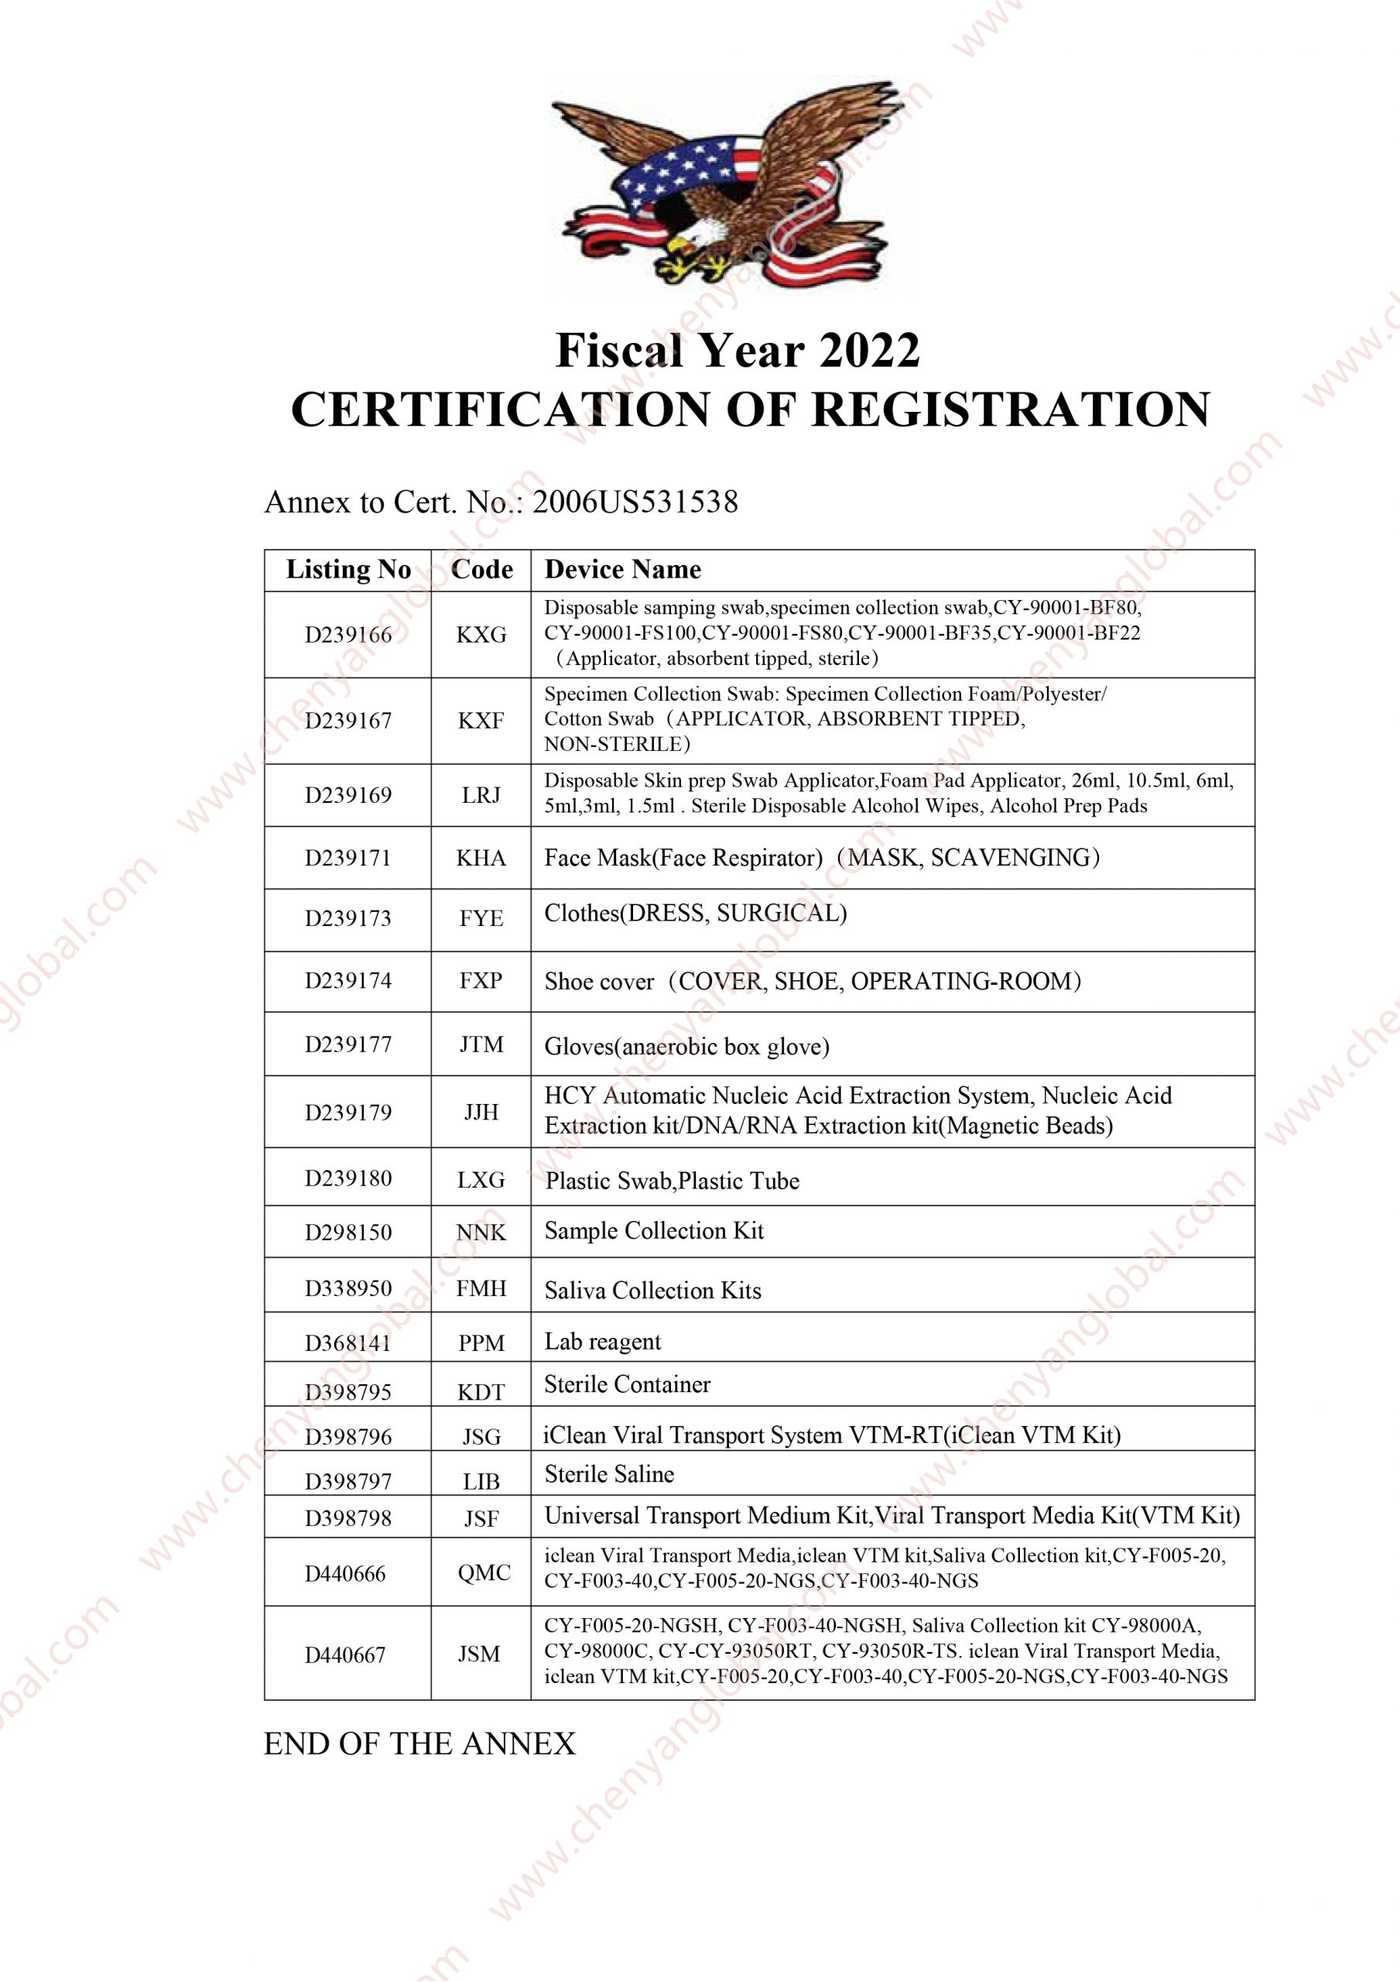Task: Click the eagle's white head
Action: pos(698,231)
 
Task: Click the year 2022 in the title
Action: pos(869,351)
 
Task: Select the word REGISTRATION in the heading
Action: pos(1011,410)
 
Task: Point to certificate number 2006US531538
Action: pos(635,502)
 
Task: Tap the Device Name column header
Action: pos(622,570)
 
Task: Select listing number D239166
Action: pos(347,635)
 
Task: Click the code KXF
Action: pos(481,721)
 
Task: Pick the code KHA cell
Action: pos(481,858)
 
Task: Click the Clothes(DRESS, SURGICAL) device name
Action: pos(695,914)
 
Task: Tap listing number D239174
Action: pos(347,981)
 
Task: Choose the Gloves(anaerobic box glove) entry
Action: pos(686,1047)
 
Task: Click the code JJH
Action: pos(481,1112)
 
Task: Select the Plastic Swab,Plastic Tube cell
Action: pos(672,1181)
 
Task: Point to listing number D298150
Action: pos(347,1232)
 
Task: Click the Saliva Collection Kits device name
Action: pos(652,1291)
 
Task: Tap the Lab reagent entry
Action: pos(602,1342)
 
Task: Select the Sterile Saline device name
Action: pos(608,1474)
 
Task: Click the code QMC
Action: pos(484,1572)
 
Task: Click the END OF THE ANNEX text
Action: pos(419,1744)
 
